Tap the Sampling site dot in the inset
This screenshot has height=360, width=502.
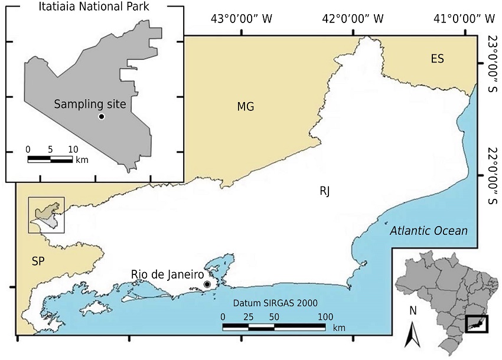point(102,117)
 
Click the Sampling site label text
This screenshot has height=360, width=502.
point(90,104)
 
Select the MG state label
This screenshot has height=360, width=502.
point(246,107)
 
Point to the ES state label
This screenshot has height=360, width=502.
point(437,58)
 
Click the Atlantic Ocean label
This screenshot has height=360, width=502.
point(429,231)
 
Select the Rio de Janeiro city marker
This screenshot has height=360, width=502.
point(207,284)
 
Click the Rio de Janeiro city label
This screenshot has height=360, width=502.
point(167,275)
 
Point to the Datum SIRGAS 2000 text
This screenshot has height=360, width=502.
point(275,303)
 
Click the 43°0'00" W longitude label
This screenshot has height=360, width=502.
point(242,19)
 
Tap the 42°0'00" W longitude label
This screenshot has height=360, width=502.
point(353,19)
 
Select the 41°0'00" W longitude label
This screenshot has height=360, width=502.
point(464,19)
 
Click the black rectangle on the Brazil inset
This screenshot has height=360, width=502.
point(477,323)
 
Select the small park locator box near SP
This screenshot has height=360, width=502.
point(47,215)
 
